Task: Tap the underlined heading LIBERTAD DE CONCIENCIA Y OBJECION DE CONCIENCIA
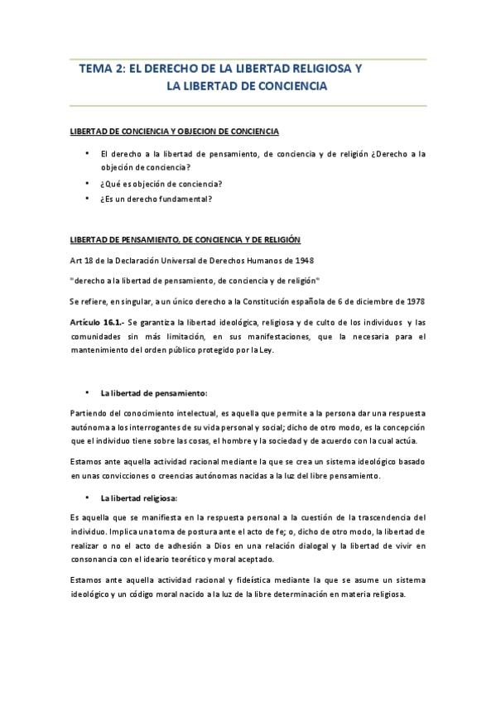(x=174, y=132)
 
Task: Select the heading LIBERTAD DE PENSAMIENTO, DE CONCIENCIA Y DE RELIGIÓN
(x=185, y=239)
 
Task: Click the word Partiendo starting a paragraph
(x=89, y=412)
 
